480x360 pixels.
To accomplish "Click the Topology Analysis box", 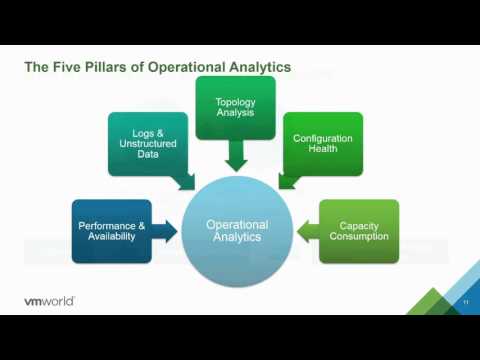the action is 237,106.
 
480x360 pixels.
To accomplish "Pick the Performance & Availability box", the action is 112,231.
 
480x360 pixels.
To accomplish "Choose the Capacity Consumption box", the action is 359,231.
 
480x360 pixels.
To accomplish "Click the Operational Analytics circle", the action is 236,231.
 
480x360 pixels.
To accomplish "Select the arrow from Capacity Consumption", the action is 307,231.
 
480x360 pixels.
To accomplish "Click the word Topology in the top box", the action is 237,100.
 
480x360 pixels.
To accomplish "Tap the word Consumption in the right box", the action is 359,238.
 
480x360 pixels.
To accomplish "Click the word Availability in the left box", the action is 112,238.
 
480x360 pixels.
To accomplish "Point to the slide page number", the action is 466,302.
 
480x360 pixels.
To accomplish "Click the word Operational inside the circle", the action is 236,225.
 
